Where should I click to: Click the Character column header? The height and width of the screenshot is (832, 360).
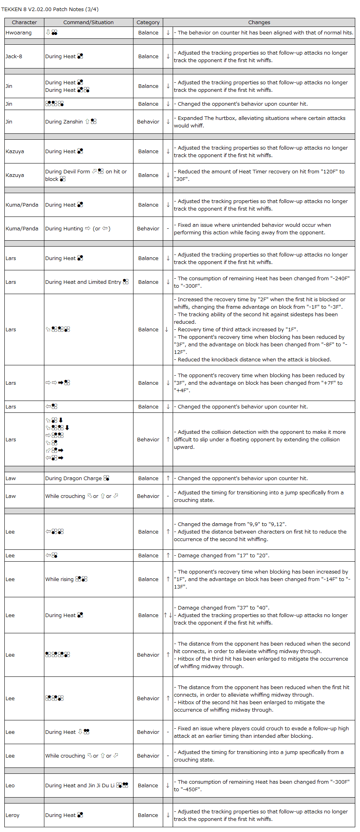(24, 23)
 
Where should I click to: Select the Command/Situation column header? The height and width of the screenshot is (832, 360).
(88, 23)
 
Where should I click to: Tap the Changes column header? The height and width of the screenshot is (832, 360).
(259, 23)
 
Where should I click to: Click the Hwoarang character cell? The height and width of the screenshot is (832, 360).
(19, 33)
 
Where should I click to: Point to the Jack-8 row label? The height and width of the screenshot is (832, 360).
(14, 57)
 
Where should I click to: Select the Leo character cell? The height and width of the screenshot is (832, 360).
(10, 785)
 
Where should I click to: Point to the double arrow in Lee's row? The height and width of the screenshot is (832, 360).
(168, 615)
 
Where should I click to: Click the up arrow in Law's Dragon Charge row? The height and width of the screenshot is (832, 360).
(168, 478)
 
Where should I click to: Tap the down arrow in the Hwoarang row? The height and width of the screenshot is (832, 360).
(168, 33)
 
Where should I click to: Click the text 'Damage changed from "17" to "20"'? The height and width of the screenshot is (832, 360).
(223, 555)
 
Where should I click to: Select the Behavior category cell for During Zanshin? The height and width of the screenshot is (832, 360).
(148, 122)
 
